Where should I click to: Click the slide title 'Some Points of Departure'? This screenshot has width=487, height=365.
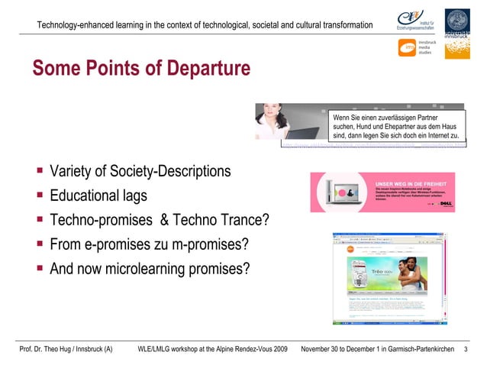click(x=141, y=69)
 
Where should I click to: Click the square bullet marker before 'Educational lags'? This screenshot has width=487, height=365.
click(x=39, y=195)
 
